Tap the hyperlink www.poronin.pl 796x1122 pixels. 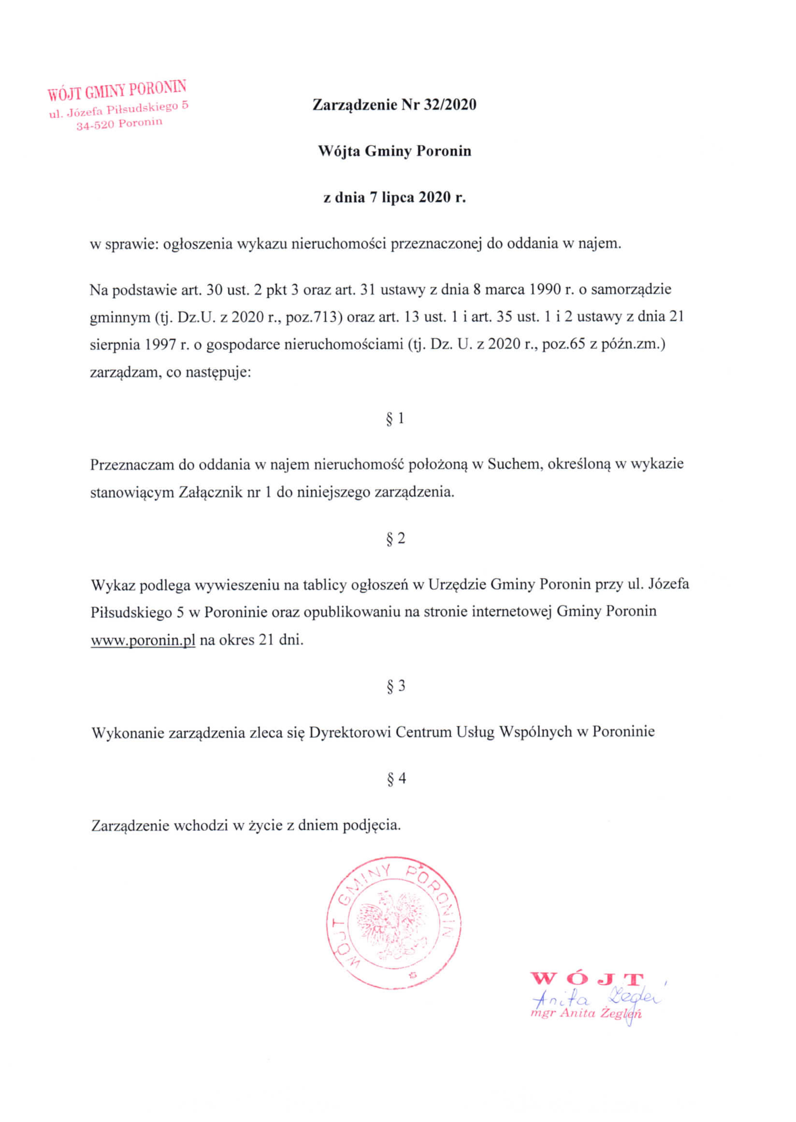click(143, 640)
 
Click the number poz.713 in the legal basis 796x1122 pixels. click(313, 317)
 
